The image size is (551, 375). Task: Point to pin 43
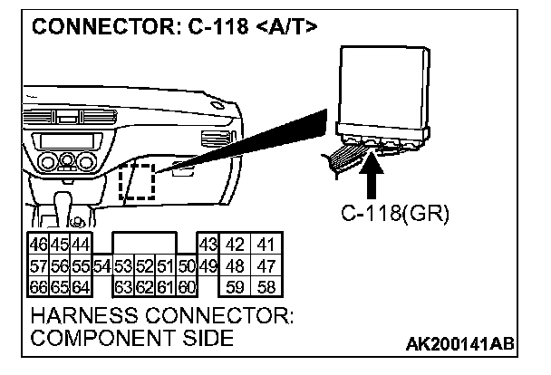tap(208, 245)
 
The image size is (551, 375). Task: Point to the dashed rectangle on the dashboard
tap(137, 184)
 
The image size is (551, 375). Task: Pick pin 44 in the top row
tap(81, 245)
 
